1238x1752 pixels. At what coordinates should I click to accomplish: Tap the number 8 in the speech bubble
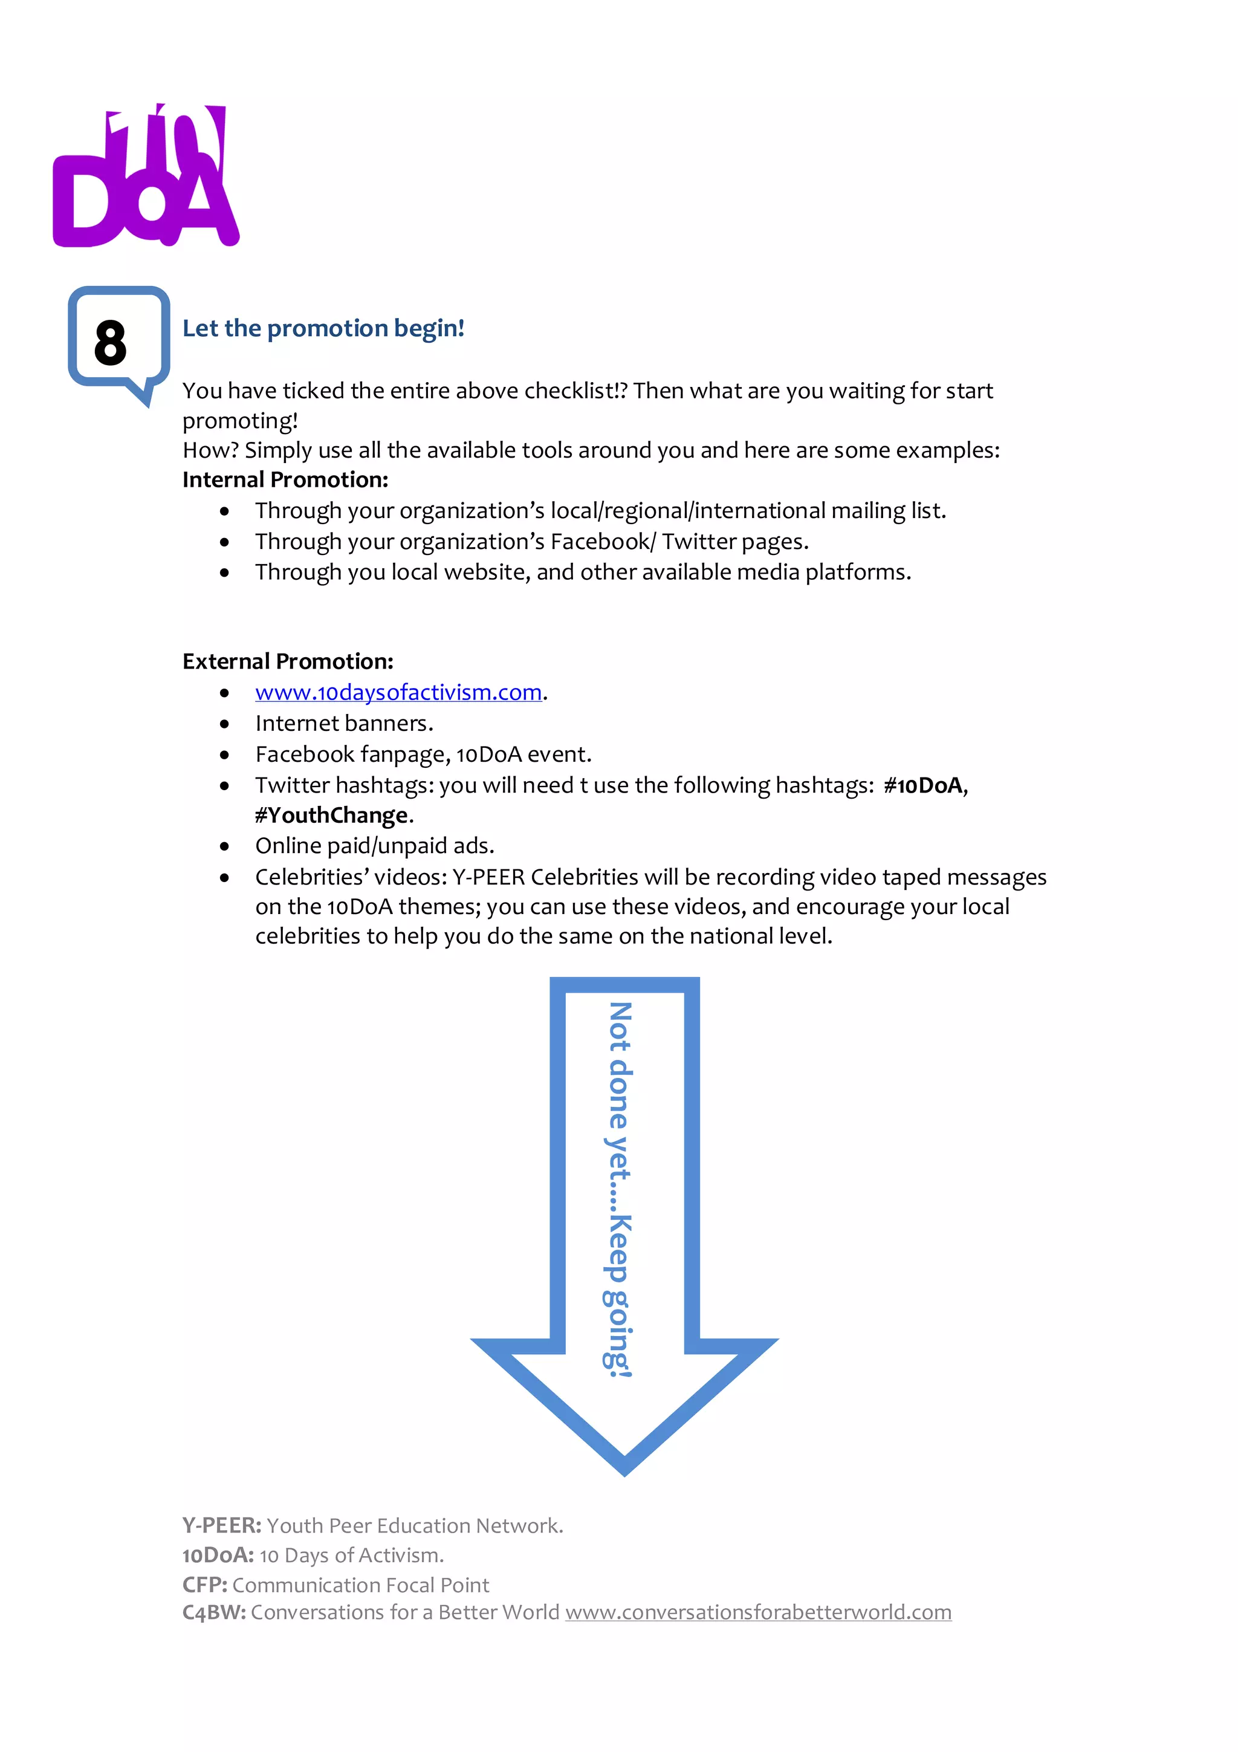pos(111,343)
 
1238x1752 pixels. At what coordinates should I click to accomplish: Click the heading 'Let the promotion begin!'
pos(323,328)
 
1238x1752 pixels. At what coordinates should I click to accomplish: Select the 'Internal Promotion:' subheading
pos(285,480)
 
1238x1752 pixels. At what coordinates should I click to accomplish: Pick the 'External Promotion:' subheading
pos(288,661)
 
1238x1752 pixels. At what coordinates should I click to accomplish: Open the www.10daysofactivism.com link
pos(398,692)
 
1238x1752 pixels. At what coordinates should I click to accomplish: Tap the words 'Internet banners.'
pos(344,724)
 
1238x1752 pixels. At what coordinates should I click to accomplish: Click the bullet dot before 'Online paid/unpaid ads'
pos(224,846)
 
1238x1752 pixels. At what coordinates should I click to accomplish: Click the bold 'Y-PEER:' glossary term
pos(222,1526)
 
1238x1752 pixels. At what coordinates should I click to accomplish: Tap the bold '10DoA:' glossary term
pos(218,1555)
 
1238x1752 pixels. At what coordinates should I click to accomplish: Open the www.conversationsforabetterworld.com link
pos(758,1612)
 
